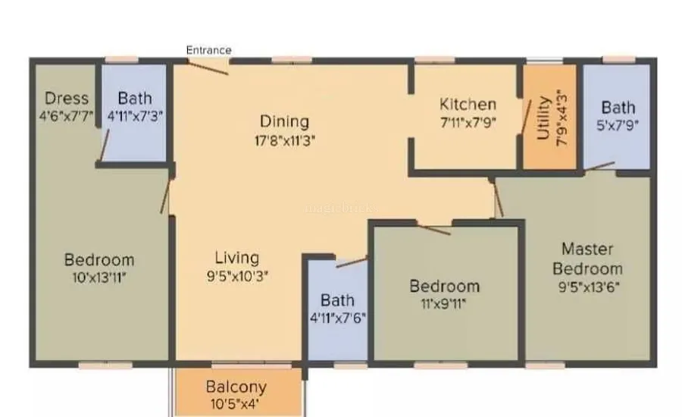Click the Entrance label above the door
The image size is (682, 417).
tap(209, 50)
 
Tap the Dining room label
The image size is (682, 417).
tap(284, 121)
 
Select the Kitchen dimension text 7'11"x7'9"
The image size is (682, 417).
tap(468, 123)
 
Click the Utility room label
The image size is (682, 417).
tap(544, 118)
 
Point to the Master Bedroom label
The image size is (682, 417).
tap(587, 259)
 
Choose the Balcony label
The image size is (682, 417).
tap(236, 387)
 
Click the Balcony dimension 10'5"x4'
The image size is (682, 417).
tap(236, 404)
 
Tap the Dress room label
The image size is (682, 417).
tap(67, 98)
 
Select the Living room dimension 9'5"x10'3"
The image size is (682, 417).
tap(237, 276)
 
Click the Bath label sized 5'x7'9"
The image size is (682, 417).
tap(618, 107)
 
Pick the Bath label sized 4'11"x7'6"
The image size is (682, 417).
tap(337, 300)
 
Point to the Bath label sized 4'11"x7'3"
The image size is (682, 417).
tap(135, 98)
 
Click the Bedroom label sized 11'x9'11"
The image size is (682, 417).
tap(445, 286)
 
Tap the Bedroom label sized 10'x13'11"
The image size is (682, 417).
tap(99, 260)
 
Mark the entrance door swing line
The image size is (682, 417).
tap(208, 68)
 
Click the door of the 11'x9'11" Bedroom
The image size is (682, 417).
tap(434, 230)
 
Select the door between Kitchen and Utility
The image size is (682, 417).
tap(527, 116)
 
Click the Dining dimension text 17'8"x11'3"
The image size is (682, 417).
tap(285, 141)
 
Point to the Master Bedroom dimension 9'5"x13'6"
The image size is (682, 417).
tap(589, 287)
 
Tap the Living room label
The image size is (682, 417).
tap(237, 258)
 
